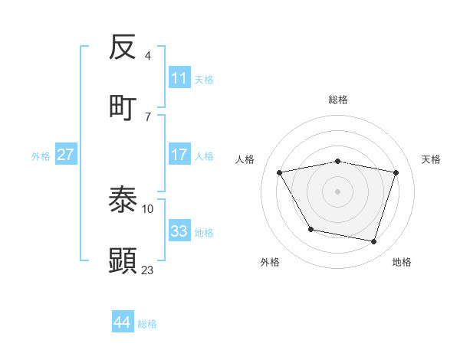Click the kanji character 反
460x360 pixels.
click(x=123, y=47)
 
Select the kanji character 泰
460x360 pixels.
click(x=123, y=200)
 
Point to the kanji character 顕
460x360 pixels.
click(x=123, y=260)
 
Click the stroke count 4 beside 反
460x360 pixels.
click(x=147, y=56)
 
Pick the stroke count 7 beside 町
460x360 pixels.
click(x=147, y=116)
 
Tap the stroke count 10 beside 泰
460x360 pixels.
click(x=148, y=208)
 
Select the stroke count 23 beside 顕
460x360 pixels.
click(x=148, y=270)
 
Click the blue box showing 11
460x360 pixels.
click(x=179, y=78)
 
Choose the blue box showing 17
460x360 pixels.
click(x=179, y=155)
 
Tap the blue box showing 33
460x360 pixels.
click(x=179, y=231)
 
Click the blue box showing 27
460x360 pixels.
click(x=66, y=155)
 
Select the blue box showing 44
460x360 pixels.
click(x=122, y=322)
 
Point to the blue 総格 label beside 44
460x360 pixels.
click(x=147, y=324)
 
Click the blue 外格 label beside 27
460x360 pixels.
click(x=41, y=156)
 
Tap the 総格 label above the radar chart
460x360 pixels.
click(x=338, y=100)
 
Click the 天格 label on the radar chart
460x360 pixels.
click(x=431, y=159)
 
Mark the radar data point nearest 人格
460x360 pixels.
click(x=280, y=173)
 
